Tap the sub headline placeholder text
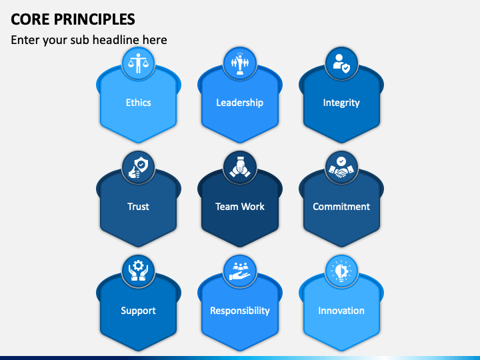(89, 40)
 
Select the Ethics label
(138, 103)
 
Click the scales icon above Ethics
(139, 63)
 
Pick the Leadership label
(239, 103)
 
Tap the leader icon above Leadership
(239, 63)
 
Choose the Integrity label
(341, 103)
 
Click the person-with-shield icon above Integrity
(341, 63)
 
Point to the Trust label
(138, 207)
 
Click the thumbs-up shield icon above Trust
(139, 167)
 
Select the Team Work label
(239, 207)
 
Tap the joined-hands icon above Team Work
(239, 167)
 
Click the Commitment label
(341, 207)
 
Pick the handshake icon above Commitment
(341, 167)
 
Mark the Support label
(138, 311)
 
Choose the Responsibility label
(239, 311)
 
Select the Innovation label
(341, 311)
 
